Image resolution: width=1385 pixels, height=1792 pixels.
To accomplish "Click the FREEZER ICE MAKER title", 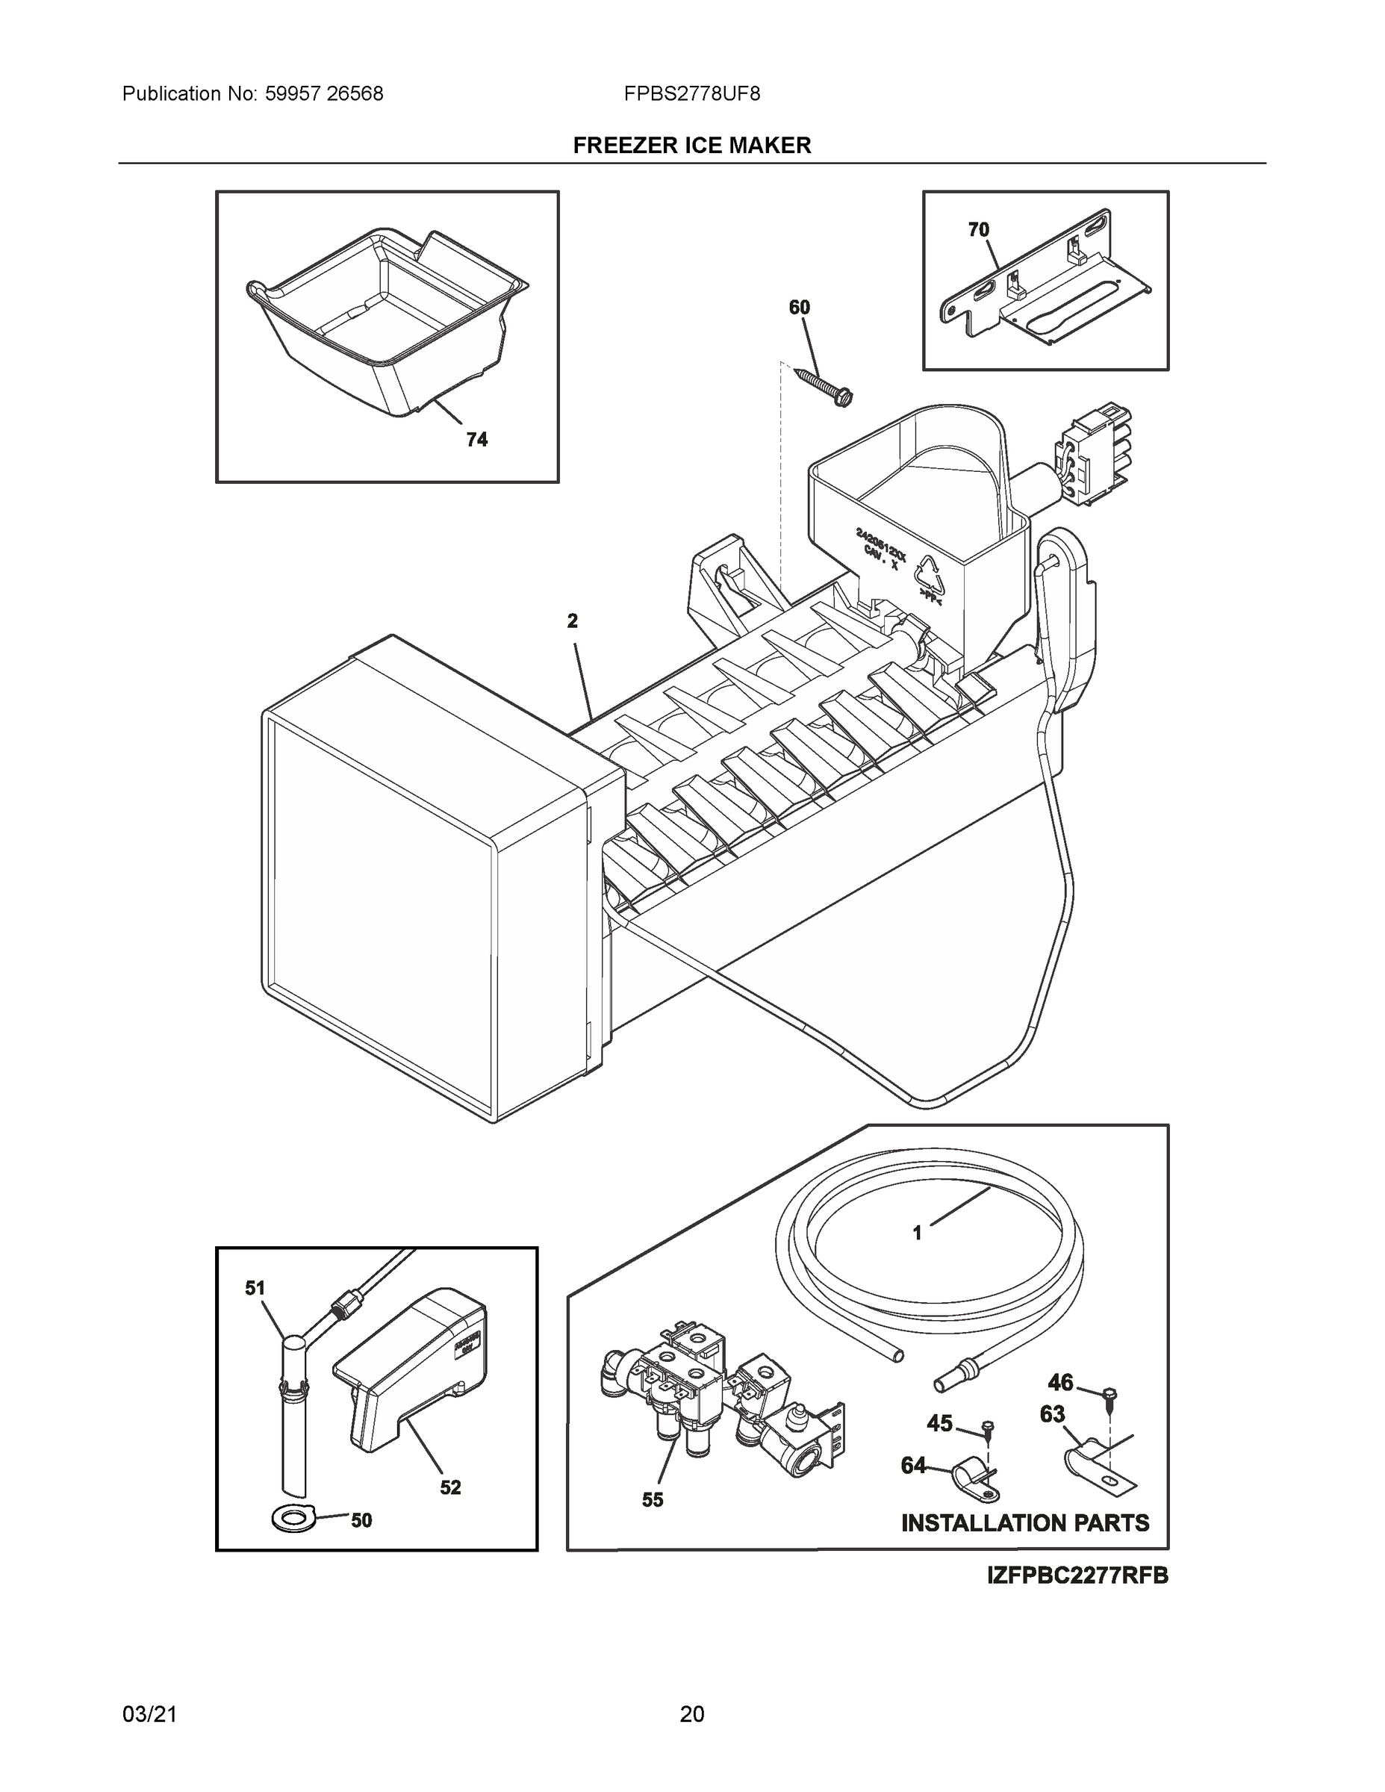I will pyautogui.click(x=691, y=146).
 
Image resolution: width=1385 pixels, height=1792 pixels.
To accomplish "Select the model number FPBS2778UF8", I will pyautogui.click(x=691, y=93).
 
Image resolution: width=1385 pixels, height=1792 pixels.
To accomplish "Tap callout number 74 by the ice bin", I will pyautogui.click(x=476, y=440).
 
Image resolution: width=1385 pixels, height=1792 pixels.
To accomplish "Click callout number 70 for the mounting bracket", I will pyautogui.click(x=978, y=230).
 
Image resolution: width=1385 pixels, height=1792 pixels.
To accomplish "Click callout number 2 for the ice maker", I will pyautogui.click(x=572, y=620).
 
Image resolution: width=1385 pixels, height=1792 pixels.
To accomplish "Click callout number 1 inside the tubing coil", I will pyautogui.click(x=918, y=1255).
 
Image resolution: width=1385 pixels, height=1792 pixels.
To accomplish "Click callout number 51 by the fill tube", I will pyautogui.click(x=255, y=1287).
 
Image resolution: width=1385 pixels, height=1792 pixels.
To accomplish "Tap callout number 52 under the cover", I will pyautogui.click(x=449, y=1487).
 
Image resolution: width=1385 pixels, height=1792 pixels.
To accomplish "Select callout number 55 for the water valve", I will pyautogui.click(x=653, y=1499).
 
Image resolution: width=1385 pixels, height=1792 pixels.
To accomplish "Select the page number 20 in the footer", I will pyautogui.click(x=691, y=1714).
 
